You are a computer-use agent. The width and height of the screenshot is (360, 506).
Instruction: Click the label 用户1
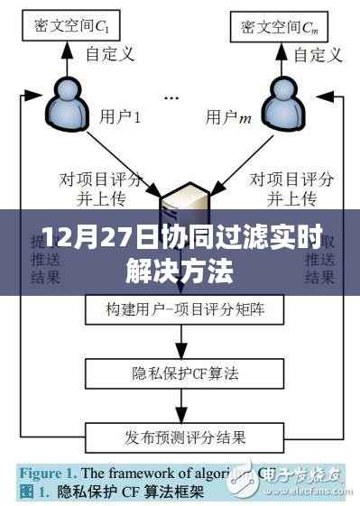(x=118, y=117)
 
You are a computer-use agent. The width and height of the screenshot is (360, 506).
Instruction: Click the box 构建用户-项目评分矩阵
(x=180, y=311)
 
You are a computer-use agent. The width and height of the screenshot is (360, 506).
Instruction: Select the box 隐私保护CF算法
(x=180, y=372)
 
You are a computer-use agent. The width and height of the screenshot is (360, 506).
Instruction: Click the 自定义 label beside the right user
(x=320, y=55)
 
